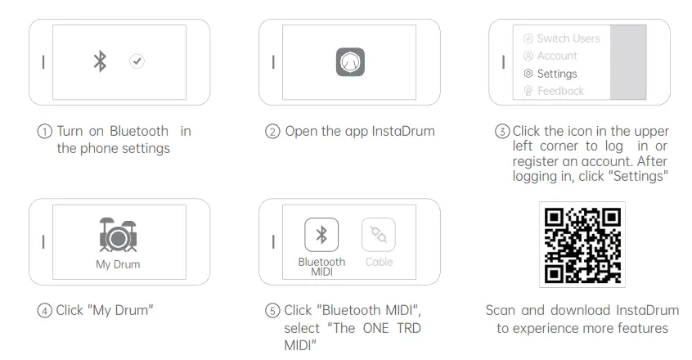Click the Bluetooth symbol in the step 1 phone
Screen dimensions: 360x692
(x=100, y=61)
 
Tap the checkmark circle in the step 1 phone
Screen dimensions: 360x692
(x=137, y=61)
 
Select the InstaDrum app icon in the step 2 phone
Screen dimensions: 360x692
(x=349, y=62)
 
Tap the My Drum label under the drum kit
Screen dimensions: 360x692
(x=118, y=264)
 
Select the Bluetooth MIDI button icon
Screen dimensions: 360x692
(x=321, y=235)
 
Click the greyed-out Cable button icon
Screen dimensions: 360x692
(x=379, y=235)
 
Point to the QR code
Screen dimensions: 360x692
(x=582, y=245)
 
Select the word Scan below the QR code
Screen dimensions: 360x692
(x=501, y=310)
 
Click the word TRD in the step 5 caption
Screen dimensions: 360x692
(x=406, y=327)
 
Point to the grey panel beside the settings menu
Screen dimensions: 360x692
(x=628, y=62)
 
